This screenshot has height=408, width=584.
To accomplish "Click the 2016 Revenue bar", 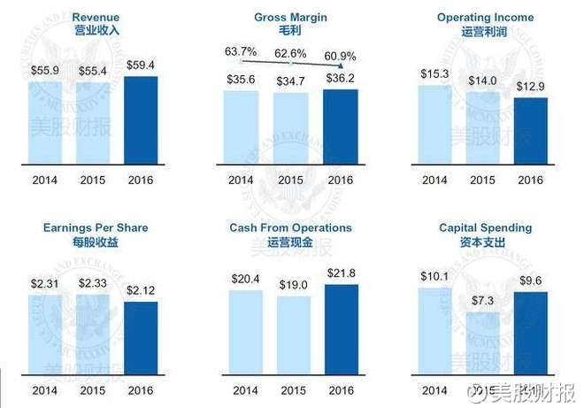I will (x=141, y=120).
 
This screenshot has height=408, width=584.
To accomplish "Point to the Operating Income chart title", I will (x=485, y=18).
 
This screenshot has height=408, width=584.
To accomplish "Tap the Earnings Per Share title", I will (x=96, y=227).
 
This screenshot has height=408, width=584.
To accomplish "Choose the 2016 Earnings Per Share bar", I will (x=141, y=340).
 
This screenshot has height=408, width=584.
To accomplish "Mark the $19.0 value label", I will (x=292, y=285).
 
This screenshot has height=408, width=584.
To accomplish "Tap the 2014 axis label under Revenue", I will (x=45, y=181).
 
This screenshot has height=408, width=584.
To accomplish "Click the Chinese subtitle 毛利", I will (x=290, y=30).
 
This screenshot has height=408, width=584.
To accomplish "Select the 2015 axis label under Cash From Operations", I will (x=292, y=390).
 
